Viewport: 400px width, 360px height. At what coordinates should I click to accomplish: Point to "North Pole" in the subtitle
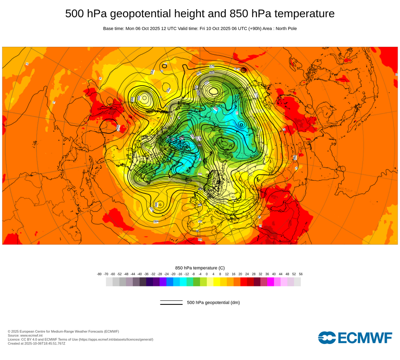click(284, 28)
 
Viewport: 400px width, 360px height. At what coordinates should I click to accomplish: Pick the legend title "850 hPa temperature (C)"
click(200, 268)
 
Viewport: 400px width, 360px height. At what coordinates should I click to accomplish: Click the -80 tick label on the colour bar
click(99, 274)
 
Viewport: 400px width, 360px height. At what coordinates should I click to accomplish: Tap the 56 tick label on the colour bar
click(301, 274)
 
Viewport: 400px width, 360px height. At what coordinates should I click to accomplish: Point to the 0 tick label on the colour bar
click(207, 274)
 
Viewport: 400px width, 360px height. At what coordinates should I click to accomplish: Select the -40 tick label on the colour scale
click(140, 274)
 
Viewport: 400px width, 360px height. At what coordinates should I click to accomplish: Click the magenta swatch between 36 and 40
click(270, 282)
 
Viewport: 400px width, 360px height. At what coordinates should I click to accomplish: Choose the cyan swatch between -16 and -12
click(183, 282)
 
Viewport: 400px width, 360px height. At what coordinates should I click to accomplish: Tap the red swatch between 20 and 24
click(244, 282)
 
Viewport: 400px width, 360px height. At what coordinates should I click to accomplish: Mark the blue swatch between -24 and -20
click(170, 282)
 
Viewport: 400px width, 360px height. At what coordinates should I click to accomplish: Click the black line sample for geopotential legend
click(171, 302)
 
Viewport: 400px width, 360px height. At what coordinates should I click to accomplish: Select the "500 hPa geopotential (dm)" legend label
click(213, 302)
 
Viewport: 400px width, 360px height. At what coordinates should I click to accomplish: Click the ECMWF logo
click(355, 338)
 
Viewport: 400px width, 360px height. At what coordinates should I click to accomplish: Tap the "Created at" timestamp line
click(36, 343)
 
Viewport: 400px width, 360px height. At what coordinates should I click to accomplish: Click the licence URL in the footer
click(116, 339)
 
